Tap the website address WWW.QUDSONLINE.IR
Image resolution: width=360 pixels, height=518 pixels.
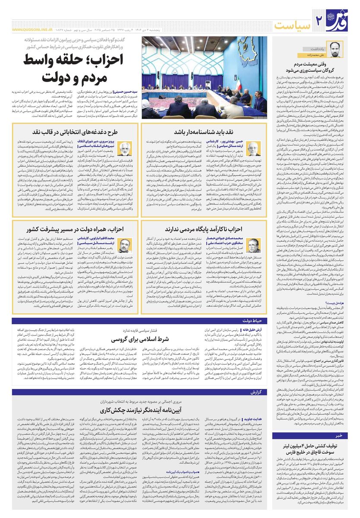pos(32,30)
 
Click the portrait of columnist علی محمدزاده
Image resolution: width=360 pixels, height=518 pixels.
pos(335,49)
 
